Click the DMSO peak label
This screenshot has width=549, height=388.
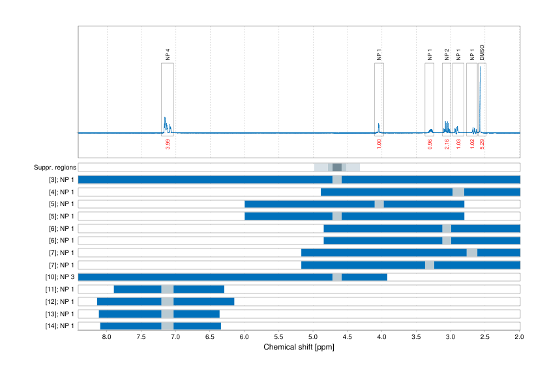pyautogui.click(x=482, y=53)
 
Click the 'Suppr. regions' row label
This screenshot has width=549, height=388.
pyautogui.click(x=55, y=168)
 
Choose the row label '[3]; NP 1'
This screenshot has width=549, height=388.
pyautogui.click(x=61, y=180)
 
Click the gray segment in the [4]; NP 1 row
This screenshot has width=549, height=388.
pyautogui.click(x=458, y=192)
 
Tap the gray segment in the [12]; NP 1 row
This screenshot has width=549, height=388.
pyautogui.click(x=168, y=301)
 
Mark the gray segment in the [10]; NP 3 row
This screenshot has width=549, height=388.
pyautogui.click(x=337, y=277)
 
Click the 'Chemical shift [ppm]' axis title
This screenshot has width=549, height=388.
pyautogui.click(x=299, y=347)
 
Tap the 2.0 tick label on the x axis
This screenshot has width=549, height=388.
pyautogui.click(x=519, y=337)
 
